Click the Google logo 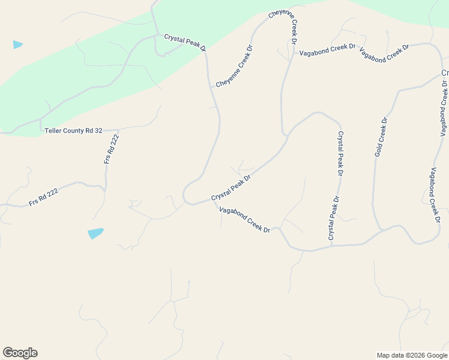pos(20,353)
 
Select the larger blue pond pos(95,233)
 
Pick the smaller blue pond pos(18,44)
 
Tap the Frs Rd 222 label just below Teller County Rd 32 pos(112,149)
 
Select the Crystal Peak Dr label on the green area pos(185,42)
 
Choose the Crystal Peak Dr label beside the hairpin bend pos(231,188)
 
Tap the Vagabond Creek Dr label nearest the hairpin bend pos(245,220)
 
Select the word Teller pos(54,130)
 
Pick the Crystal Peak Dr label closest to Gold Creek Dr pos(340,153)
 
